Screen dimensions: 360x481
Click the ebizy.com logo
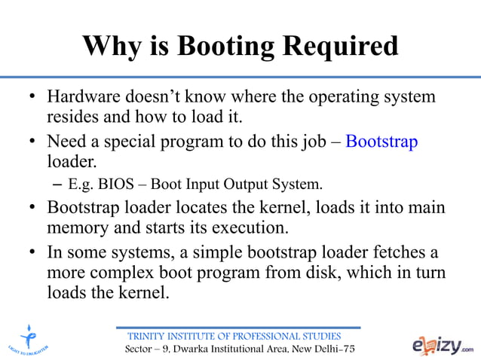(443, 345)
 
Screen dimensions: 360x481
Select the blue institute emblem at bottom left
(29, 339)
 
